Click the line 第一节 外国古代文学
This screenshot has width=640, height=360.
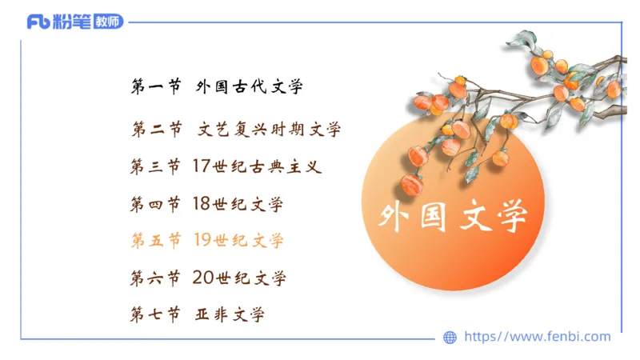[x=217, y=87]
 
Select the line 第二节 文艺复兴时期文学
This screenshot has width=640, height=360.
[x=235, y=129]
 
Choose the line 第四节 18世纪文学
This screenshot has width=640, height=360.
[x=206, y=203]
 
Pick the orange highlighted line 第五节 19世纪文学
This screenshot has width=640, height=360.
[x=206, y=240]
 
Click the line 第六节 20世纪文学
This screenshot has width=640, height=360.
[x=207, y=278]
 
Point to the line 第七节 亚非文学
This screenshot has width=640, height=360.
[x=197, y=314]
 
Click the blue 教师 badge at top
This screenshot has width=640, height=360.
[x=108, y=22]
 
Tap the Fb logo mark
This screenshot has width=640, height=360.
[x=38, y=22]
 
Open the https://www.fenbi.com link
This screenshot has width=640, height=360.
[x=537, y=337]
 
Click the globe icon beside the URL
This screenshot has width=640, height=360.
[x=450, y=338]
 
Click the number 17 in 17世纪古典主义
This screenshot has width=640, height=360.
[x=201, y=166]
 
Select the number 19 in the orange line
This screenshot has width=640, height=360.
[x=201, y=240]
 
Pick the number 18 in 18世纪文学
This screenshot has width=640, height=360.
[x=201, y=203]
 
